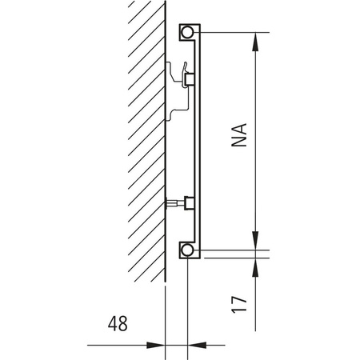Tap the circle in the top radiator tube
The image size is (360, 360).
pos(187,33)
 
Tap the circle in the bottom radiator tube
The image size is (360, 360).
pos(187,250)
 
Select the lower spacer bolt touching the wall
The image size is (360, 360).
pos(174,205)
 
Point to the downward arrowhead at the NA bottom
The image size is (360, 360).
pos(255,242)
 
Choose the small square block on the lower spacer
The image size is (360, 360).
pos(190,202)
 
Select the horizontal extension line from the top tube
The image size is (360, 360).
pos(240,33)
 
